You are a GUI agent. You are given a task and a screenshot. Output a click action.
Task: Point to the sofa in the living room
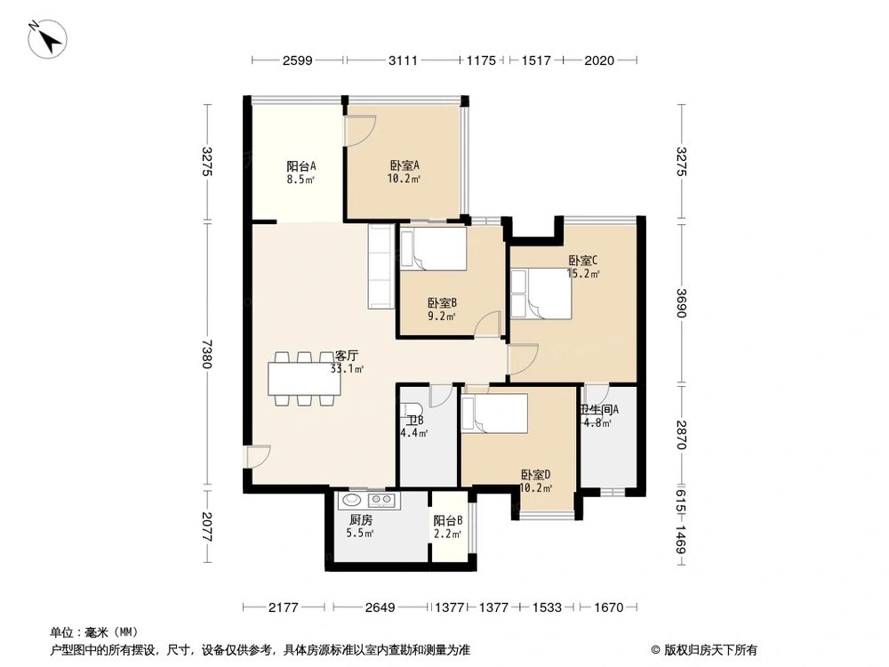[x=380, y=265]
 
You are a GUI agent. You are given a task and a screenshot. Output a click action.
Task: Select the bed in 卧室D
[x=495, y=413]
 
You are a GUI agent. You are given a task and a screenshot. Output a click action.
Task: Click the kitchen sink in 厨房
[x=350, y=500]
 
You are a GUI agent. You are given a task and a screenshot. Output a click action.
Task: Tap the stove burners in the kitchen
[x=380, y=501]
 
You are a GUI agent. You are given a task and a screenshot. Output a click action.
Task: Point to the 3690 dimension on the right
[x=682, y=302]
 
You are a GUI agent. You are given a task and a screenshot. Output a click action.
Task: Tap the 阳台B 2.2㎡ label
[x=447, y=526]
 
